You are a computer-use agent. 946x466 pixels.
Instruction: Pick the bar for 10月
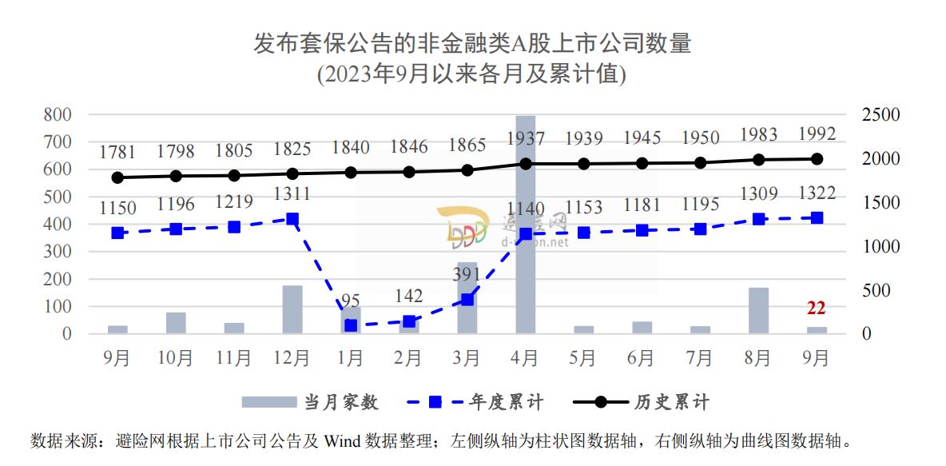point(176,323)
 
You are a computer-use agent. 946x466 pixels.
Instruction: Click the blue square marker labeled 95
point(351,325)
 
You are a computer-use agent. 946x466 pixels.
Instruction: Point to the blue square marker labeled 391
point(467,300)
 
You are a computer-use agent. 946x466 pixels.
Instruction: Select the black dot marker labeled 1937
point(525,164)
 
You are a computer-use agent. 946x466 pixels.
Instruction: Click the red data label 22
point(816,309)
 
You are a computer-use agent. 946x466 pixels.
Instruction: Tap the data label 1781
point(118,153)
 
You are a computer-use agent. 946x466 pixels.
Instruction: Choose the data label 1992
point(816,133)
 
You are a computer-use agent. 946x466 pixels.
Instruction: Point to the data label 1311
point(292,194)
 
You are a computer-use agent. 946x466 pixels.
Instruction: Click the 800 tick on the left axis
point(57,115)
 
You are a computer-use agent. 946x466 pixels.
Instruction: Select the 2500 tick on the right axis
point(880,115)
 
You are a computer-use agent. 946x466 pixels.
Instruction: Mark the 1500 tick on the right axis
point(880,203)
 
